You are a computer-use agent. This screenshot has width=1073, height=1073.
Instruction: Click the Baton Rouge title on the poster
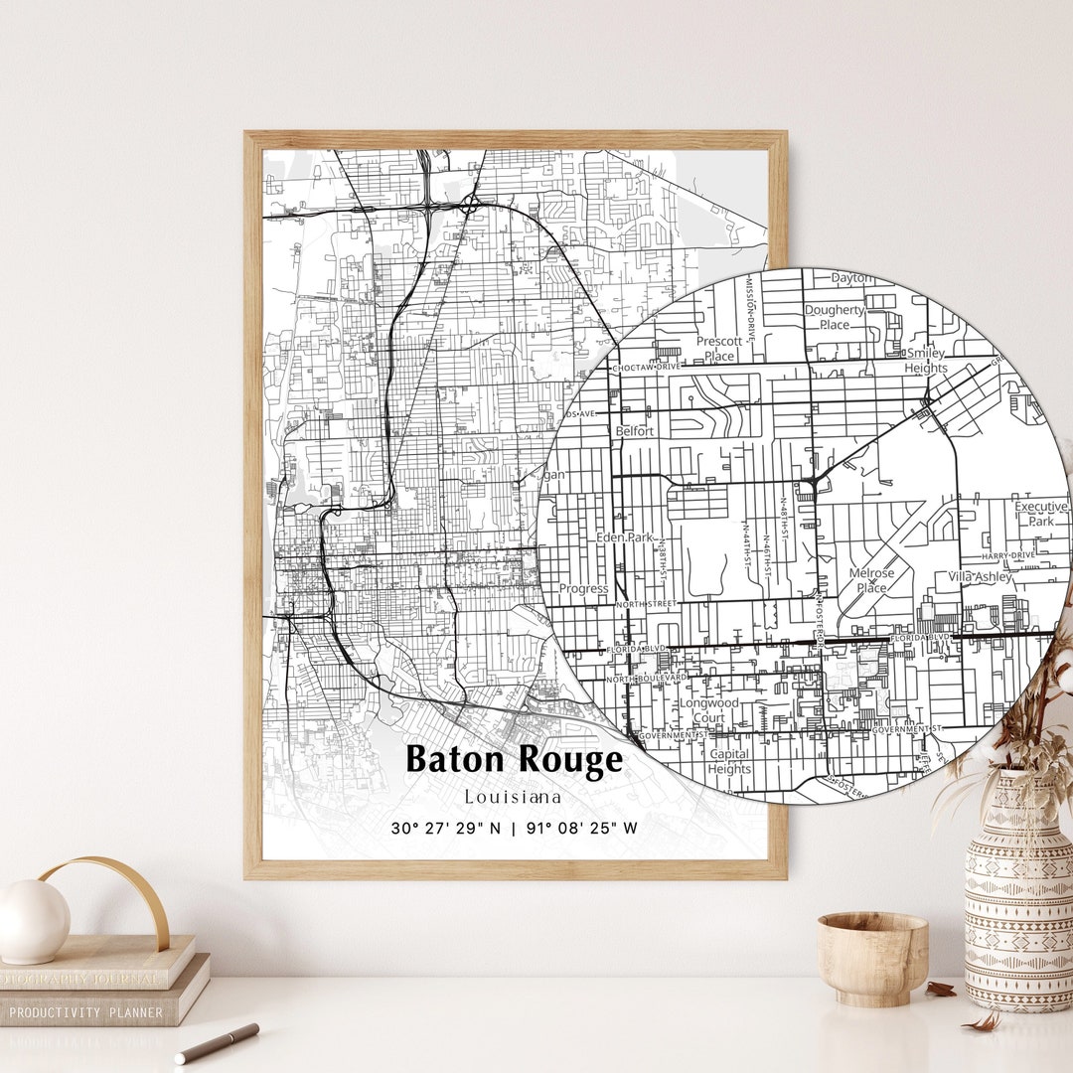515,760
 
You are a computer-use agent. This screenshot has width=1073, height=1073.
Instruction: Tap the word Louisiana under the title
513,797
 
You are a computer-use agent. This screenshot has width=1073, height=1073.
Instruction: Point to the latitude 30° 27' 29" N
445,828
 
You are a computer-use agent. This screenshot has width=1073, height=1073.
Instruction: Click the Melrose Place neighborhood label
871,580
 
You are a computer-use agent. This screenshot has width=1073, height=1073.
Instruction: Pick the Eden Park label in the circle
625,537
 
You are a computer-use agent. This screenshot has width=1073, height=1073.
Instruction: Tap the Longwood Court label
708,709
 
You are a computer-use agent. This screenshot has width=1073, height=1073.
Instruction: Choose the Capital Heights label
730,761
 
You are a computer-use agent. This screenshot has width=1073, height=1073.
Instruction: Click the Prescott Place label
719,349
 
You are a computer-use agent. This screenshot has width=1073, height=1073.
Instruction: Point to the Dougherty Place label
835,317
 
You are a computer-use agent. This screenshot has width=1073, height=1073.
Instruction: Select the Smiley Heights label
926,361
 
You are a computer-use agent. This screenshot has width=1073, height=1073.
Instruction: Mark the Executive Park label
1040,514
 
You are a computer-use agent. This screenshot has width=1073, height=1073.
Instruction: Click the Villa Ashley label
981,577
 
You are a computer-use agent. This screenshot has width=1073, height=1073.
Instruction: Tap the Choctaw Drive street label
647,368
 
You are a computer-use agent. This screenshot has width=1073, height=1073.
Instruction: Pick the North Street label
645,604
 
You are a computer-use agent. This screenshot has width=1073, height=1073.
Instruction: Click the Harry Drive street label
1008,556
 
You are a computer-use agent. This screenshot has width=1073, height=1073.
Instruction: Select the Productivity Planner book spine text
86,1012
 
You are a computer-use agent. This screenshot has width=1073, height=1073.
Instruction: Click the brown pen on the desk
217,1043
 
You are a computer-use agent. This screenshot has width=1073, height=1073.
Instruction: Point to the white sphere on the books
34,921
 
